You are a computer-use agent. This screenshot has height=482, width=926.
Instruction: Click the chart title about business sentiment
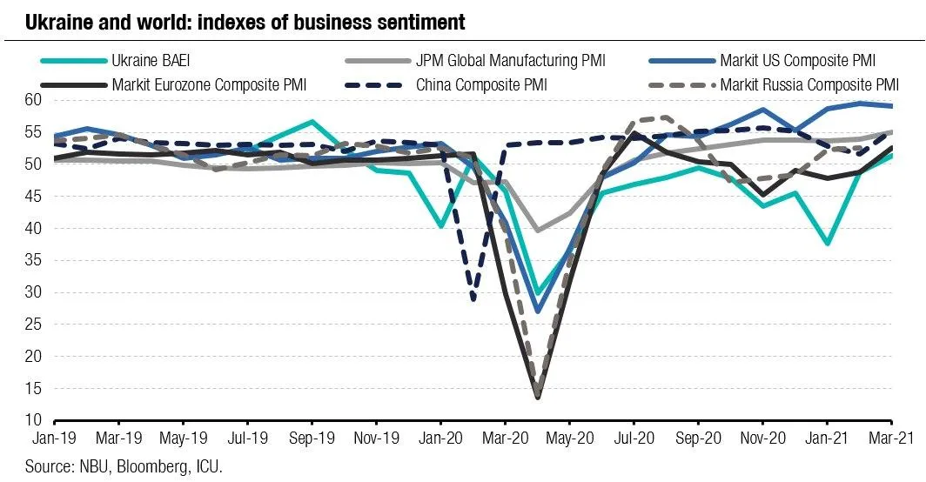click(x=245, y=21)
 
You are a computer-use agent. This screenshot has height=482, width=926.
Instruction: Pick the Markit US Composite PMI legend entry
click(x=796, y=61)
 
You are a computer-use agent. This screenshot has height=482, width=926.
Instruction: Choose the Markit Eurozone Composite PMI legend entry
click(x=209, y=85)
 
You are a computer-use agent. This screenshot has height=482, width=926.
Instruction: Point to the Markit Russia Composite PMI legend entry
click(x=807, y=85)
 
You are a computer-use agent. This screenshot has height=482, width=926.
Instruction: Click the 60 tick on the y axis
click(x=33, y=100)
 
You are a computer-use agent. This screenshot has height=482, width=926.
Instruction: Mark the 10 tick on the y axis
click(x=33, y=420)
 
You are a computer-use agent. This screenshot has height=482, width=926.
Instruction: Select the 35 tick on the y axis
click(x=33, y=292)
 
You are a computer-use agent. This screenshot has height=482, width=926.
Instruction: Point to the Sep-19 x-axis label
click(x=312, y=440)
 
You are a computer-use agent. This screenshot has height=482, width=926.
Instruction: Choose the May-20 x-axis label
click(x=569, y=440)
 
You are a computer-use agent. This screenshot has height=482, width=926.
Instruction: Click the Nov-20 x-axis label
click(x=762, y=440)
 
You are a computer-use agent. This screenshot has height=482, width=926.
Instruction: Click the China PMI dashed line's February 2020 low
click(x=473, y=300)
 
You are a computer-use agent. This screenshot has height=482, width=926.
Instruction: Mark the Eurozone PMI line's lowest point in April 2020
click(x=538, y=398)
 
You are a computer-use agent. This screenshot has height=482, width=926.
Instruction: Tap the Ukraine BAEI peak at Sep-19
click(x=312, y=122)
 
